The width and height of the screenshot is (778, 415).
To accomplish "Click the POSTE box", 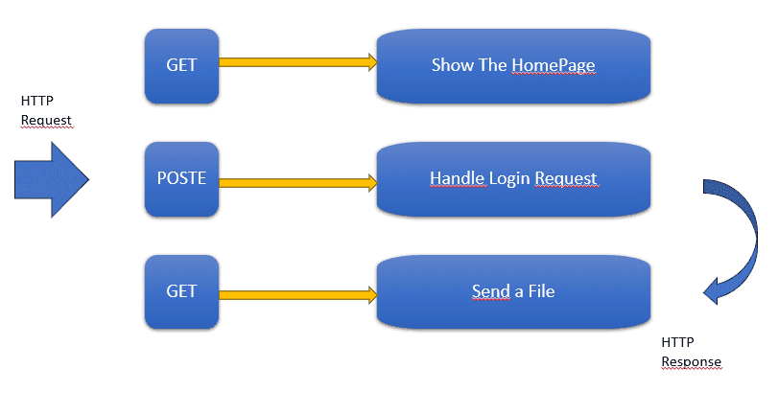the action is pyautogui.click(x=181, y=179).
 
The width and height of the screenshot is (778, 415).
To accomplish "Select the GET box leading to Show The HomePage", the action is pyautogui.click(x=181, y=66).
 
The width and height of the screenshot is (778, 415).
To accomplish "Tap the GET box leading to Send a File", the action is pyautogui.click(x=181, y=292).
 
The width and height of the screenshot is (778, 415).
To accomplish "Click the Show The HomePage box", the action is pyautogui.click(x=513, y=66).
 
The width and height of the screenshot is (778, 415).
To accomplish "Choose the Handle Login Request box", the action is pyautogui.click(x=513, y=179).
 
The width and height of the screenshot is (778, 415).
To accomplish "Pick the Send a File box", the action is pyautogui.click(x=513, y=292).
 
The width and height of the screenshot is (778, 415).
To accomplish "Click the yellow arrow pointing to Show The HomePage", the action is pyautogui.click(x=298, y=62).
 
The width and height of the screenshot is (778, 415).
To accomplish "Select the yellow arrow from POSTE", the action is pyautogui.click(x=298, y=183).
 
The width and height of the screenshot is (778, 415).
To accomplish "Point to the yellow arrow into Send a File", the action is pyautogui.click(x=298, y=295).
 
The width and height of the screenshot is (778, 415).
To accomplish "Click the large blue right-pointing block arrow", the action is pyautogui.click(x=52, y=179).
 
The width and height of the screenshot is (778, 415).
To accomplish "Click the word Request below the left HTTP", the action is pyautogui.click(x=46, y=121).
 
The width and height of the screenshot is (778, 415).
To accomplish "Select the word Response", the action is pyautogui.click(x=691, y=362).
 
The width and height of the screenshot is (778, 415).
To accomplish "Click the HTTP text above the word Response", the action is pyautogui.click(x=677, y=342).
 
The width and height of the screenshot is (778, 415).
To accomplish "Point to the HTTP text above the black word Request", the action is pyautogui.click(x=36, y=101).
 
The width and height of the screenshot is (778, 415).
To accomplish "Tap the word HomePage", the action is pyautogui.click(x=554, y=65).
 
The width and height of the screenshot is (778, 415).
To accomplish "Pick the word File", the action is pyautogui.click(x=541, y=291).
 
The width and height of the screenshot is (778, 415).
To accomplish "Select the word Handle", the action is pyautogui.click(x=457, y=178).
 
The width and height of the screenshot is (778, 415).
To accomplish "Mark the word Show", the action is pyautogui.click(x=446, y=65).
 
